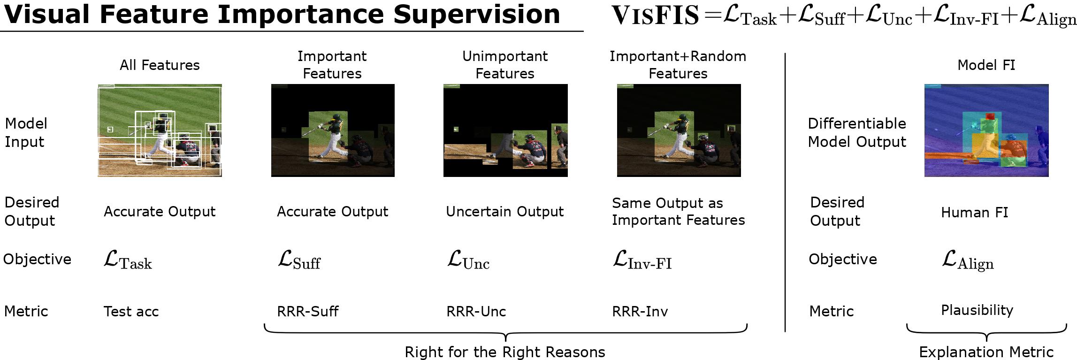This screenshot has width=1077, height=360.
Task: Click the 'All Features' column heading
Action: click(160, 65)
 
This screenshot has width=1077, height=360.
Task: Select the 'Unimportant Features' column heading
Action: click(505, 65)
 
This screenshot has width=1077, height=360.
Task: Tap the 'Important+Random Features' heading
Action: click(678, 65)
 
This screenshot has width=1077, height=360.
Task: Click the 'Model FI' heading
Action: click(986, 65)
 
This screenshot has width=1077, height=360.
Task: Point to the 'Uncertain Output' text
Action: click(505, 212)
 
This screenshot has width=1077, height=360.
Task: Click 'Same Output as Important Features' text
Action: click(678, 212)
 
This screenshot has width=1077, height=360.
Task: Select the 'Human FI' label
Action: click(974, 213)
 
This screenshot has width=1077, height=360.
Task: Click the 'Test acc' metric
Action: click(131, 311)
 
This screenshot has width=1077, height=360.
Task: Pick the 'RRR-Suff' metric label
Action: click(308, 311)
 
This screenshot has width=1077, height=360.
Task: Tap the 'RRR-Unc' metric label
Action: click(476, 311)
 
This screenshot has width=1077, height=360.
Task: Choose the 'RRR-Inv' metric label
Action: click(640, 311)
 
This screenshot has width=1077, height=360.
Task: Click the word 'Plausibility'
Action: click(977, 310)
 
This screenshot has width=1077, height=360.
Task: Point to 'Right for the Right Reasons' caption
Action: click(505, 352)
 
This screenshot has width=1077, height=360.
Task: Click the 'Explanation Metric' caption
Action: click(986, 352)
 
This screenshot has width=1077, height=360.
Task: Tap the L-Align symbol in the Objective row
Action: click(968, 261)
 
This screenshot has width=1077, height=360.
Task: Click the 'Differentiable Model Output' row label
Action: click(857, 132)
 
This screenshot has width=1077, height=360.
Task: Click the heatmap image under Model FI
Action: click(986, 130)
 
